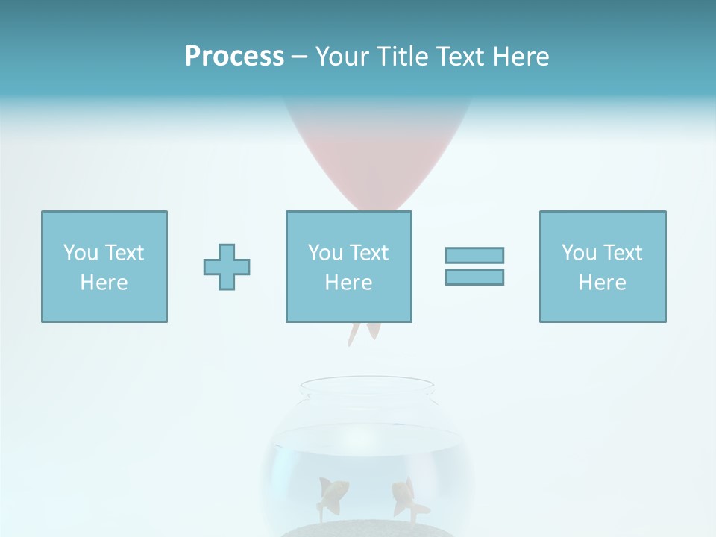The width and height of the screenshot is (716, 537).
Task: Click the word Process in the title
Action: [x=234, y=57]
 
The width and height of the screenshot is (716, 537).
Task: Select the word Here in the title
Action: [x=520, y=57]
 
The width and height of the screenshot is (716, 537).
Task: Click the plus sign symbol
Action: [x=227, y=267]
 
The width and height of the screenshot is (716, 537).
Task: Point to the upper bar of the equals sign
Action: [x=474, y=255]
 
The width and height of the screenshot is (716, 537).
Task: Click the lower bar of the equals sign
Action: [x=474, y=277]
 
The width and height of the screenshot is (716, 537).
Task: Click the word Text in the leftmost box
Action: [x=124, y=253]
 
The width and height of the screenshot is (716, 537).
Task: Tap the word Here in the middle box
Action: [x=349, y=283]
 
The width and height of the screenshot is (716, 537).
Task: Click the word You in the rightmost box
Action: [x=579, y=253]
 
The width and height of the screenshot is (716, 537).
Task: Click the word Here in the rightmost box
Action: [x=603, y=283]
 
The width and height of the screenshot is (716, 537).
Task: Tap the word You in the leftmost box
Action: [x=81, y=253]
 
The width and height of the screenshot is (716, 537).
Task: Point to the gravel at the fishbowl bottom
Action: [x=367, y=529]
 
